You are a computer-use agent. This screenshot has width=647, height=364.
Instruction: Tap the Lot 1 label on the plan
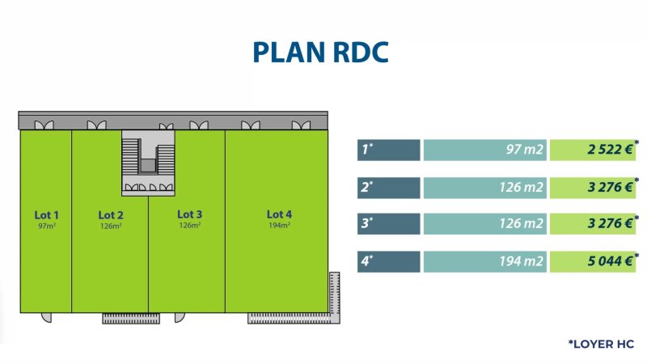tap(46, 214)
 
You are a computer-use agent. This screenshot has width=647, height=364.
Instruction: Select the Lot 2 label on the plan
tap(111, 214)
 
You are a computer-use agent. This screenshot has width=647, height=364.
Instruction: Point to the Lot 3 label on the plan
tap(189, 214)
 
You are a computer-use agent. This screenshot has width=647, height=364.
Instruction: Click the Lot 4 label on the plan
tap(279, 214)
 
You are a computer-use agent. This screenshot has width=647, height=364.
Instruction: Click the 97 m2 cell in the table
tap(484, 150)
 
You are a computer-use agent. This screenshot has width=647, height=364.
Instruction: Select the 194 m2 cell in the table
tap(484, 261)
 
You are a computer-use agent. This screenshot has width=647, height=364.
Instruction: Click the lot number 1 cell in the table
tap(388, 150)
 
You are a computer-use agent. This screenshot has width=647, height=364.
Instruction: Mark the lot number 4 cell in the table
tap(388, 261)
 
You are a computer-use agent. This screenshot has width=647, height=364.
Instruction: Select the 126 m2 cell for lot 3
tap(484, 224)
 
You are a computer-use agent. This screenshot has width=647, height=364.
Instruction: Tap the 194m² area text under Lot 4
tap(279, 226)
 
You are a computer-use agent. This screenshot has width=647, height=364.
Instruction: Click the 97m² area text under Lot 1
tap(46, 226)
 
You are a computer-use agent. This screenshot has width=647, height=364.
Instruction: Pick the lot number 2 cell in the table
tap(388, 187)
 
